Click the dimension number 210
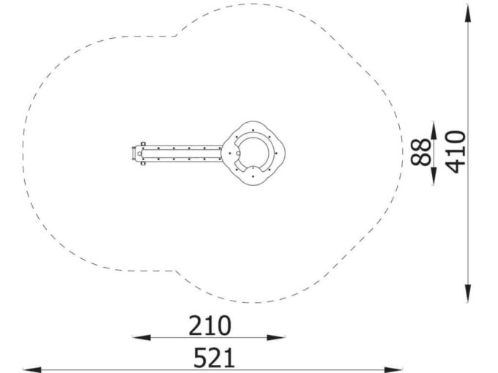(x=210, y=325)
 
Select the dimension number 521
(x=215, y=358)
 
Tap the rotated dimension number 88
(x=420, y=152)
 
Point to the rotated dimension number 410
(x=455, y=152)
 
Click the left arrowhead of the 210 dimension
(x=141, y=337)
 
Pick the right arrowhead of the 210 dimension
(x=276, y=337)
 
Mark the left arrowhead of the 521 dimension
(x=32, y=369)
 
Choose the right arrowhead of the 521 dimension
(x=393, y=369)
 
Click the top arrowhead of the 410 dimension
(x=468, y=13)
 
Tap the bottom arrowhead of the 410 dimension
(x=468, y=293)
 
